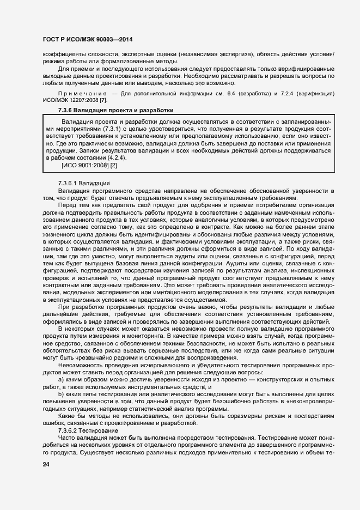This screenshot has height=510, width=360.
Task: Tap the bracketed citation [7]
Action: point(103,100)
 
